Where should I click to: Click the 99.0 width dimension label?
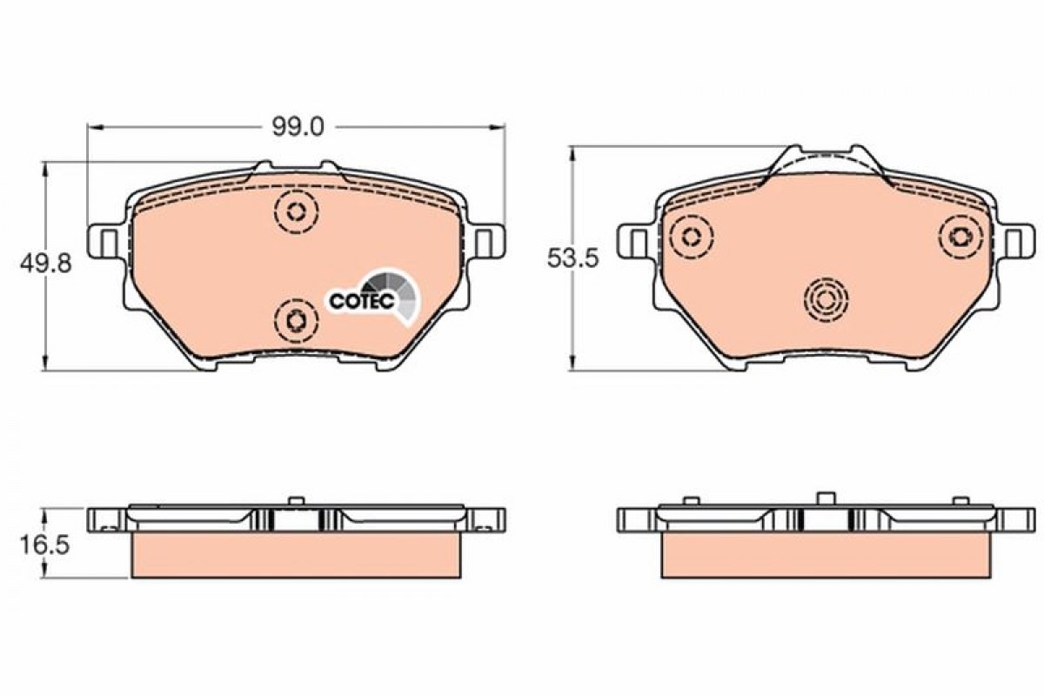(x=298, y=127)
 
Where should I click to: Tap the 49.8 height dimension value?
(x=45, y=264)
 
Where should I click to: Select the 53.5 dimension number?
(x=572, y=258)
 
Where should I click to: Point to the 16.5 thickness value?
(x=44, y=545)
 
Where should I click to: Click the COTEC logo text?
(x=362, y=301)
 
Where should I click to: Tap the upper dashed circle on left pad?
(x=297, y=212)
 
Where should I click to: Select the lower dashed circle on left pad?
(x=297, y=321)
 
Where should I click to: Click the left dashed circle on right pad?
(x=691, y=237)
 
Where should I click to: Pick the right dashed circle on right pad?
(x=960, y=237)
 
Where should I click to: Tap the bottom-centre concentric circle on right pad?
(x=826, y=300)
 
